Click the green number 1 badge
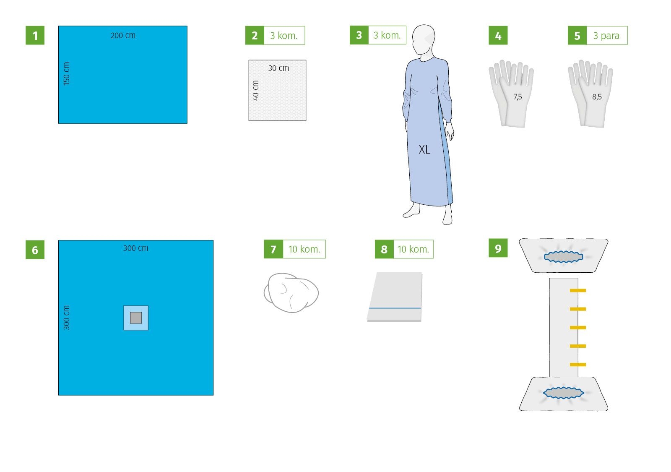tap(35, 35)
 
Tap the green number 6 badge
tap(35, 250)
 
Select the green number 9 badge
tap(498, 248)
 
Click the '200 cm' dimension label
tap(123, 35)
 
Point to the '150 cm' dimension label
tap(67, 74)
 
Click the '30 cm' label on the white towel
tap(278, 68)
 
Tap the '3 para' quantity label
tap(606, 36)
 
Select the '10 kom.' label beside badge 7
tap(304, 249)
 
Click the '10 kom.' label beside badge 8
tap(413, 249)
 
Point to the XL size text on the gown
tap(424, 149)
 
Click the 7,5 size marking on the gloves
tap(518, 97)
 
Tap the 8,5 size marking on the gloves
tap(597, 97)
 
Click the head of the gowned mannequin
tap(424, 39)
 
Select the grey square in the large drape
tap(136, 318)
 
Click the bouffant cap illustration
tap(291, 292)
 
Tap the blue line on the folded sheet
tap(395, 308)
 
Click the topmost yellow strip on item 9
tap(577, 290)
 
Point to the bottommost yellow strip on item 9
tap(577, 365)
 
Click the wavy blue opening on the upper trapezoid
tap(564, 257)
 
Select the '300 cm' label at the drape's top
tap(136, 248)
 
